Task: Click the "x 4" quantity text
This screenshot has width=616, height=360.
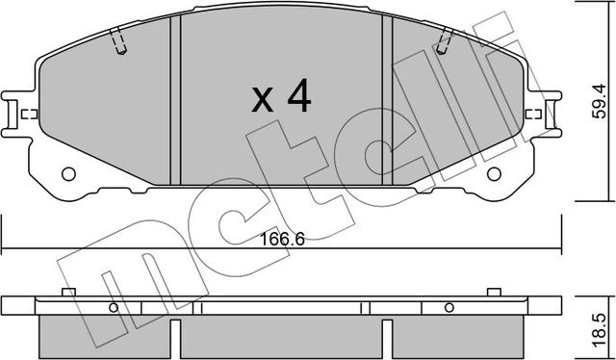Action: pos(280,96)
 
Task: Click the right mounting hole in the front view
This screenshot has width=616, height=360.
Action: pos(492,175)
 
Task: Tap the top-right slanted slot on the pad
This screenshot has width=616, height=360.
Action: pos(444,43)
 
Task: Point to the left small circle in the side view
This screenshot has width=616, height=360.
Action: pos(113,308)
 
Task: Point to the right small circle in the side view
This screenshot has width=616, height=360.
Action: pos(449,308)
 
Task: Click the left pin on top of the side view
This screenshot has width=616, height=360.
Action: pos(67,292)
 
